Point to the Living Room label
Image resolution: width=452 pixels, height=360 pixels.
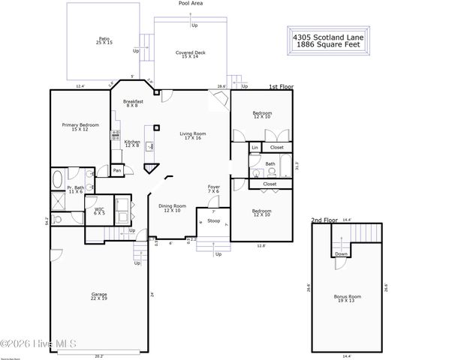click(x=193, y=136)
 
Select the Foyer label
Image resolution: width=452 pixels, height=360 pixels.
click(x=214, y=188)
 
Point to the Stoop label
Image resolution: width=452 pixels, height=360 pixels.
click(x=214, y=221)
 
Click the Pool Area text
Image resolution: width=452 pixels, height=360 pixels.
click(x=190, y=4)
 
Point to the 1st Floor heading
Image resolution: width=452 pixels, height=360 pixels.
click(x=281, y=88)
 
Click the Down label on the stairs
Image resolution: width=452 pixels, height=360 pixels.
click(x=341, y=253)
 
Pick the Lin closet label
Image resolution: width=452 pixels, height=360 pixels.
click(x=255, y=148)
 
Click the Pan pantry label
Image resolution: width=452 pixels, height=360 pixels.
click(x=116, y=171)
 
